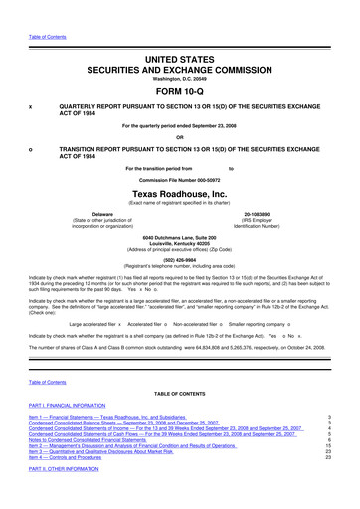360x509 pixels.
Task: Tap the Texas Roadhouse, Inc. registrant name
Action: click(x=180, y=194)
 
